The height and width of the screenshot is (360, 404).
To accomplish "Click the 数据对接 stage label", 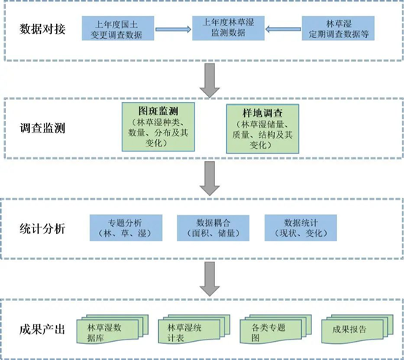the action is pos(42,29).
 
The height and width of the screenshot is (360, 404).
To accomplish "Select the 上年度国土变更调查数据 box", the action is pos(118,28).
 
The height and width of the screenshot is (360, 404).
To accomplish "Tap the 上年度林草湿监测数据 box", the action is pos(228,28).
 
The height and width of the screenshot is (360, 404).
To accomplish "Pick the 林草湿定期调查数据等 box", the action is pos(338,28).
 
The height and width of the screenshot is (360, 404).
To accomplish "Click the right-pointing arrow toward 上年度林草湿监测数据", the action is pos(173,29).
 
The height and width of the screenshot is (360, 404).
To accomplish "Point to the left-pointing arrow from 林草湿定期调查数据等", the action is pos(283,29).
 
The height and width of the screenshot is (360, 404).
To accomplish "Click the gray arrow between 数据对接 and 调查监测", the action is pos(210,80).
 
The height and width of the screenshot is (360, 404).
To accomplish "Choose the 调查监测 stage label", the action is pos(42,128).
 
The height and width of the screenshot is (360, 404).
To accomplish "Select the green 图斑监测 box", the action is pos(158,127).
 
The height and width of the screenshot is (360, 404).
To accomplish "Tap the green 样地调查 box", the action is pos(263,129).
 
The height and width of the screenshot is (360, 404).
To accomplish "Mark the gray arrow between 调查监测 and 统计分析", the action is pos(210,179).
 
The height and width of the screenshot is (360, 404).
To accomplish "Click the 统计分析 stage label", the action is pos(42,228).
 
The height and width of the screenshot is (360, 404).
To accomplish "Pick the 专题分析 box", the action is pos(126,228).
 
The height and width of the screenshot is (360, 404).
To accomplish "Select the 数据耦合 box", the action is pos(213,228).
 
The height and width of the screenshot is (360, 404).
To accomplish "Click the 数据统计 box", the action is pos(300,228).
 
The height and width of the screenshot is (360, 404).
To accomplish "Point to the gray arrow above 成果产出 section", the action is pos(210,279).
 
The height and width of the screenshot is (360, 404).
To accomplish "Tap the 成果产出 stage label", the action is pos(42,329).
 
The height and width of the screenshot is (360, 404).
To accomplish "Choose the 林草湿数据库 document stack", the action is pos(112,329).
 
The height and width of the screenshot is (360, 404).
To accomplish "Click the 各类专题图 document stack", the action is pos(276,329).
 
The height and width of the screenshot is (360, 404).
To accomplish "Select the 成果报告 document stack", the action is pos(357,329).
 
